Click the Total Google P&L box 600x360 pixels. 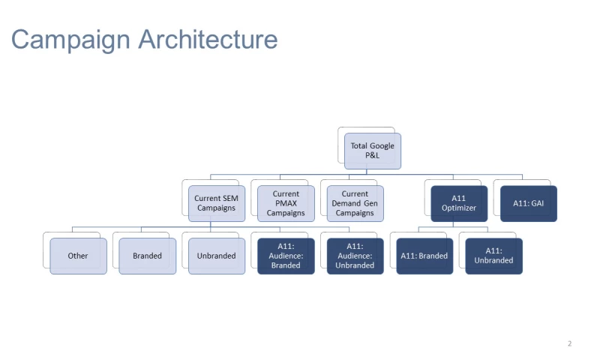click(373, 150)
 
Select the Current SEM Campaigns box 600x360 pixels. click(217, 203)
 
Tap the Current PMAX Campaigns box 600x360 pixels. click(286, 203)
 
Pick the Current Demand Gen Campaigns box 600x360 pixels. click(355, 203)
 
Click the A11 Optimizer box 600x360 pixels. click(459, 203)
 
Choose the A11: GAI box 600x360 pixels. click(528, 203)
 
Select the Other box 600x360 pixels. click(78, 256)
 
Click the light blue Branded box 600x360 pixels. click(147, 256)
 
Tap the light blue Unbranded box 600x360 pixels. click(217, 256)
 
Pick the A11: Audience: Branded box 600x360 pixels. click(286, 256)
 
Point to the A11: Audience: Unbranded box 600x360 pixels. click(355, 256)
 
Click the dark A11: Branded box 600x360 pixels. click(424, 256)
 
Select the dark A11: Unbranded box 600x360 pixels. click(493, 256)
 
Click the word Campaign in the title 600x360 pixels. click(72, 39)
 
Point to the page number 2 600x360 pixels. click(569, 343)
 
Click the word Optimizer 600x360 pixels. click(459, 208)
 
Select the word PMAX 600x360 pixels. click(286, 203)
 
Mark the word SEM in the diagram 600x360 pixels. click(230, 198)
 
